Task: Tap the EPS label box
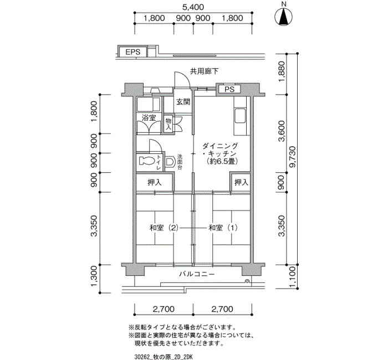coord(132,52)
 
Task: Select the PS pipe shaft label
coord(229,89)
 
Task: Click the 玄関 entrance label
coord(183,101)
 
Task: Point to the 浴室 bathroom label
coord(149,117)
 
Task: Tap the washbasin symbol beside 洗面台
coord(170,162)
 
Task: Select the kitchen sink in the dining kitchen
coord(240,116)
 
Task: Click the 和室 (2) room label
coord(164,228)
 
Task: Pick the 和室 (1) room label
coord(223,228)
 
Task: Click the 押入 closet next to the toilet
coord(155,182)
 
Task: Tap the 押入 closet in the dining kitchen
coord(241,182)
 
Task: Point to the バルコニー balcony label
coord(197,274)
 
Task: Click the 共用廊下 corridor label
coord(204,71)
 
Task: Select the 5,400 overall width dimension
coord(193,7)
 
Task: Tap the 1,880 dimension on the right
coord(282,74)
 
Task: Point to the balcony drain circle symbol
coord(247,281)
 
